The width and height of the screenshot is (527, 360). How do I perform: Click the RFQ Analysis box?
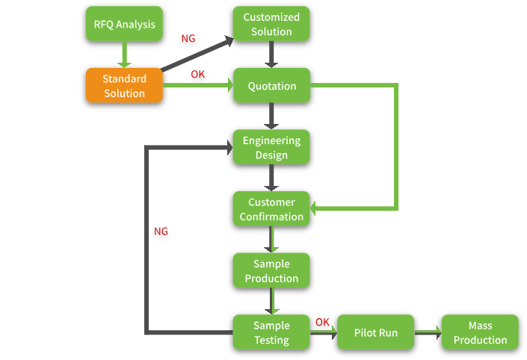[x=125, y=25]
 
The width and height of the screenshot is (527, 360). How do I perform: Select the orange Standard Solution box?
[x=124, y=86]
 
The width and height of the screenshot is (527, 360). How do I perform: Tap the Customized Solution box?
[x=271, y=25]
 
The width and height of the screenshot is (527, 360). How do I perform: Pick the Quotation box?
[x=271, y=86]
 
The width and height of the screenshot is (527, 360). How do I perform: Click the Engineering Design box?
[x=271, y=147]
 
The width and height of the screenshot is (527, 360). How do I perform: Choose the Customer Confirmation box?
[x=271, y=209]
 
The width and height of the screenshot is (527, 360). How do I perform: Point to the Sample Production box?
[x=271, y=271]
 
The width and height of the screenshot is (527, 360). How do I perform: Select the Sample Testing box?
[x=271, y=332]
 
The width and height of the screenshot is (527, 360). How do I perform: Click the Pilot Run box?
[x=376, y=332]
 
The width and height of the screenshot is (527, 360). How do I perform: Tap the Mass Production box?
[x=480, y=332]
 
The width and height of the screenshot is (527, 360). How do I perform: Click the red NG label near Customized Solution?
[x=188, y=39]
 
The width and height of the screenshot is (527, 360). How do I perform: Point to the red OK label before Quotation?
[x=197, y=75]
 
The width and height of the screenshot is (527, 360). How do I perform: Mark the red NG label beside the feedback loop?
[x=161, y=232]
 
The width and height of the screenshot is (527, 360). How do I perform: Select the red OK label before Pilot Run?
[x=322, y=322]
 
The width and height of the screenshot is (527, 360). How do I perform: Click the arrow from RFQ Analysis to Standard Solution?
[x=125, y=54]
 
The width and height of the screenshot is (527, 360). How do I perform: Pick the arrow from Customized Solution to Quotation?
[x=271, y=55]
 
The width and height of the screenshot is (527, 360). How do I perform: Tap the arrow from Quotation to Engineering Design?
[x=271, y=116]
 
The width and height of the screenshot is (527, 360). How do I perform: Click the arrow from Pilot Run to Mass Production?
[x=428, y=332]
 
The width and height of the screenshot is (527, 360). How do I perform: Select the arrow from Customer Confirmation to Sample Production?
[x=271, y=240]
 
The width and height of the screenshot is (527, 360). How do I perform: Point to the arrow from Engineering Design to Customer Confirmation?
[x=271, y=178]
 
